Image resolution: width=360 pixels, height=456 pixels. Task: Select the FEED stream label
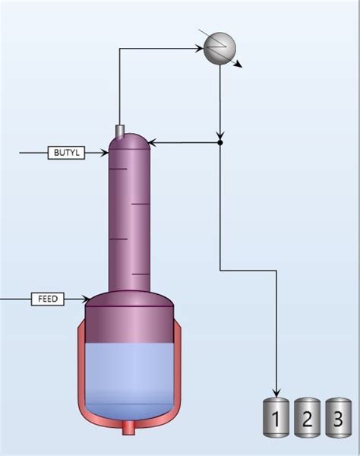(x=47, y=299)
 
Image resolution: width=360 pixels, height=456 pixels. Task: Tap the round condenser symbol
(x=219, y=48)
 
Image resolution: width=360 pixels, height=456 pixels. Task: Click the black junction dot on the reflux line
(x=220, y=142)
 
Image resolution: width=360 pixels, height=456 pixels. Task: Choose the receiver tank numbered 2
(x=307, y=418)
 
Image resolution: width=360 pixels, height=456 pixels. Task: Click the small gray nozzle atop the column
(x=119, y=132)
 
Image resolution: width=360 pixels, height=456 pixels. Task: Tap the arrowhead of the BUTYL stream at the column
(x=106, y=153)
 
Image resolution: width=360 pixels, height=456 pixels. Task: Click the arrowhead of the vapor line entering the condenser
(x=201, y=49)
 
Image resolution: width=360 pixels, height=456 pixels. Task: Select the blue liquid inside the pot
(x=130, y=376)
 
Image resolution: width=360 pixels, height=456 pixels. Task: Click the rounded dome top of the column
(x=130, y=142)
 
